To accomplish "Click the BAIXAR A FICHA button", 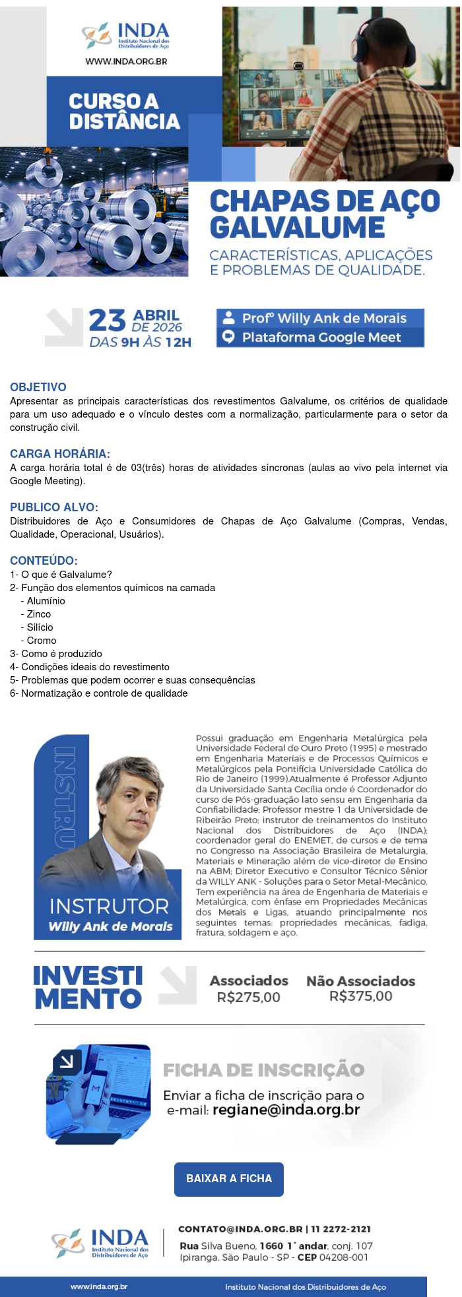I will point(229,1178).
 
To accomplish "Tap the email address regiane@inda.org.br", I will point(286,1110).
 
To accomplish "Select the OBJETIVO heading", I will point(38,387).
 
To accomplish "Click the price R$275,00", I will point(248,997).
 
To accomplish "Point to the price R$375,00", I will point(360,996).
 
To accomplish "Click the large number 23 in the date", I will point(107,321).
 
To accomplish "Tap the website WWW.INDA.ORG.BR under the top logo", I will point(126,61).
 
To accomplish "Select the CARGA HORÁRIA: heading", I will point(60,454).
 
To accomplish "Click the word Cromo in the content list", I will point(42,641).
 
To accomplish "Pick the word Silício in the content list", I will point(40,627).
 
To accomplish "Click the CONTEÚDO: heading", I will point(44,561).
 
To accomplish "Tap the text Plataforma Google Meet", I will point(321,338).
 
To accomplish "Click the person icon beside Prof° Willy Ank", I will point(229,317).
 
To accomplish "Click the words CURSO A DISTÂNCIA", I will point(124,111).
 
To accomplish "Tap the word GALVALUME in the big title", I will point(297,228).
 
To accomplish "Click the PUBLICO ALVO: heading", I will point(54,507).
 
